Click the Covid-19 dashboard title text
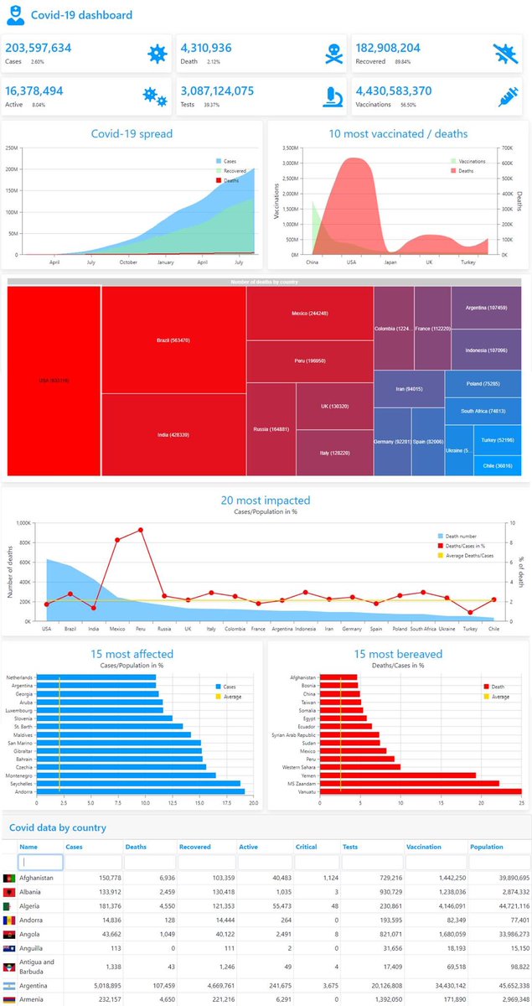[x=81, y=15]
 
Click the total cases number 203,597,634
[x=39, y=49]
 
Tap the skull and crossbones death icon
[x=334, y=54]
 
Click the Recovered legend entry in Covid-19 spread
[x=234, y=170]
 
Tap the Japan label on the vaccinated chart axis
[x=390, y=262]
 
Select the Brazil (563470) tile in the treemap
[x=173, y=340]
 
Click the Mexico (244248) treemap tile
[x=309, y=313]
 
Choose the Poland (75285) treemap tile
[x=485, y=384]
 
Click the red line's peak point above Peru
[x=141, y=530]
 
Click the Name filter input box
[x=40, y=861]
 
